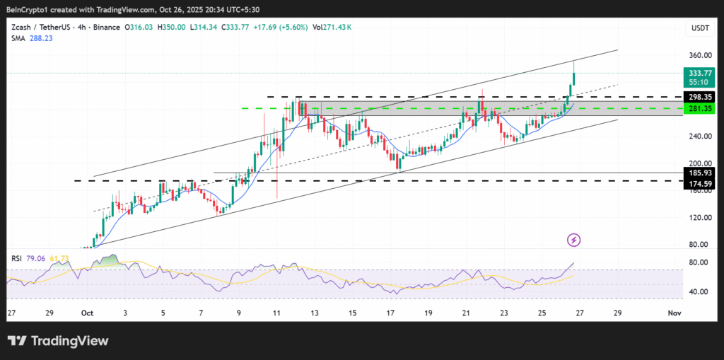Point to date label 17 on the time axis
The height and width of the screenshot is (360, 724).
391,313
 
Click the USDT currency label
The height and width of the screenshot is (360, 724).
699,28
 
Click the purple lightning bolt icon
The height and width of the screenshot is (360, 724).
574,240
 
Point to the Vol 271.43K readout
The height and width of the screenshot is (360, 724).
332,27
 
